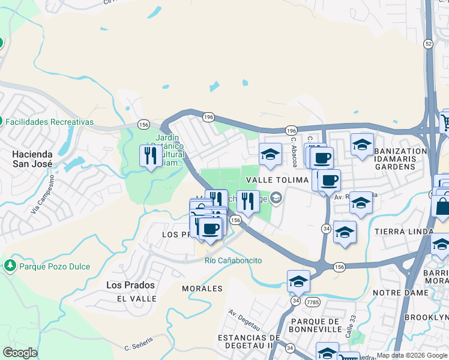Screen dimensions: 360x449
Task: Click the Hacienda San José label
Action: tap(32, 158)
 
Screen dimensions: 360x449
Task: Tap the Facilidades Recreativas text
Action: tap(50, 122)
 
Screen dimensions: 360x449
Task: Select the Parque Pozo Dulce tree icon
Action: tap(10, 265)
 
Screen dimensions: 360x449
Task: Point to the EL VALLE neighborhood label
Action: tap(137, 298)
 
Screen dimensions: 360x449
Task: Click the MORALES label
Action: tap(202, 289)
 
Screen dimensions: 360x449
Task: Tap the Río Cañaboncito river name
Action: tap(234, 260)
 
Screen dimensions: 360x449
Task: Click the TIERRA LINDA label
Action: tap(403, 232)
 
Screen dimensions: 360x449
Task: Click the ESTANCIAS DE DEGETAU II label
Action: tap(249, 342)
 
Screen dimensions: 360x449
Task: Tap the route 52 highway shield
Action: tap(427, 44)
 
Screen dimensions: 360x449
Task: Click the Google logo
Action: tap(20, 353)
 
